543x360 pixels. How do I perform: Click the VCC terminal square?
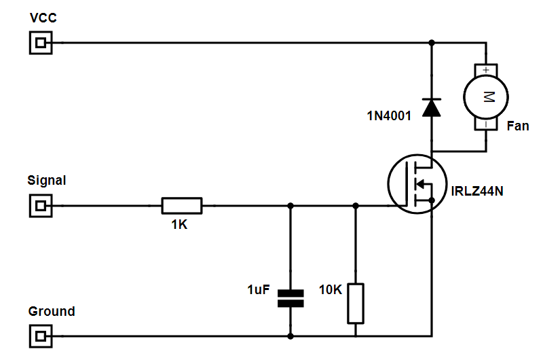(x=41, y=43)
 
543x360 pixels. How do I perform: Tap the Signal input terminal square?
(x=41, y=205)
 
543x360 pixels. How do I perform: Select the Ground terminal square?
(x=41, y=336)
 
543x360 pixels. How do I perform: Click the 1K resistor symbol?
(x=181, y=205)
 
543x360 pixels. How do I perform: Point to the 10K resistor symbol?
(x=355, y=303)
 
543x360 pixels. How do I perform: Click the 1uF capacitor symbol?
(x=291, y=298)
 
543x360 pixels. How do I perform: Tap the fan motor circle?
(x=486, y=96)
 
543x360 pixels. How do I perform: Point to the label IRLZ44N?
(x=477, y=191)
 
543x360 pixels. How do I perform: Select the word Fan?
(x=517, y=126)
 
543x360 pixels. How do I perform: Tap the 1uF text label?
(x=259, y=290)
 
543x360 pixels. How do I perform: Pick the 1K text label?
(x=179, y=225)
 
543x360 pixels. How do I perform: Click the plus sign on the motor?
(x=486, y=69)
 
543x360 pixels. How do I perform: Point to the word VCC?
(x=43, y=18)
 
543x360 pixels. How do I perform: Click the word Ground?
(x=52, y=312)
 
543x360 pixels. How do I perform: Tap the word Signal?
(x=47, y=181)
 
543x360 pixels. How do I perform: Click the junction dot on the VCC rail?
(x=431, y=43)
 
